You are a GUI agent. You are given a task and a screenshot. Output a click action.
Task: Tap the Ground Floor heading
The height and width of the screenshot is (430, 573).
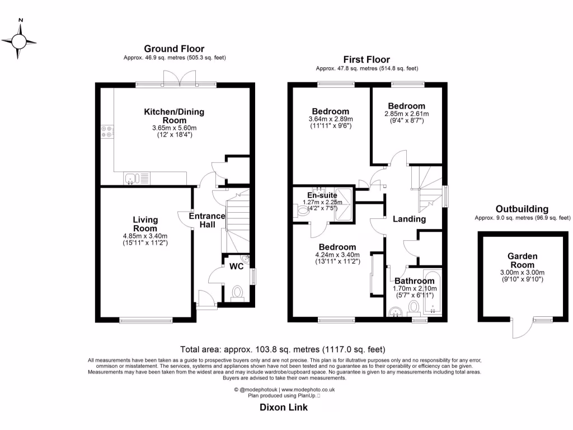[x=174, y=49]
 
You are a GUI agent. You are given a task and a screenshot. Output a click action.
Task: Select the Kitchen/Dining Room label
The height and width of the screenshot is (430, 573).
[x=174, y=116]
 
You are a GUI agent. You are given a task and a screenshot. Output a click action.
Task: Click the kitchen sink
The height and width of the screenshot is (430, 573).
[x=132, y=179]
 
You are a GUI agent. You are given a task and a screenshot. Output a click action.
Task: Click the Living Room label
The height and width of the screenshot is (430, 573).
[x=145, y=224]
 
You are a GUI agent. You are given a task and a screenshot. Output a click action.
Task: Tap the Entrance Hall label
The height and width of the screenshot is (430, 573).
[x=206, y=220]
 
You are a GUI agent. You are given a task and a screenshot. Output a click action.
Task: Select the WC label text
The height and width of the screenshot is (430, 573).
[x=237, y=267]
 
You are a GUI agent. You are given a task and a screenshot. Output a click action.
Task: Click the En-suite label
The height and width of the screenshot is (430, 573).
[x=317, y=195]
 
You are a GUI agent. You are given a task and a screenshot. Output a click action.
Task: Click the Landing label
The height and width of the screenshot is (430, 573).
[x=408, y=219]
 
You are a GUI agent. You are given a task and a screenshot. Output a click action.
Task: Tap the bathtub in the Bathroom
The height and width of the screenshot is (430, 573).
[x=432, y=294]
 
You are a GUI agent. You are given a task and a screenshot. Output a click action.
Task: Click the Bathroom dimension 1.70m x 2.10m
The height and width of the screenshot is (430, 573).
[x=414, y=288]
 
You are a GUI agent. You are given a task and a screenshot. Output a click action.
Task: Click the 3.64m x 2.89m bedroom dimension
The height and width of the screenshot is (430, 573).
[x=330, y=119]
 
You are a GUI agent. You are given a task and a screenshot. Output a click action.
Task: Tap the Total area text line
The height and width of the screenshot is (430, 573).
[x=283, y=349]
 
